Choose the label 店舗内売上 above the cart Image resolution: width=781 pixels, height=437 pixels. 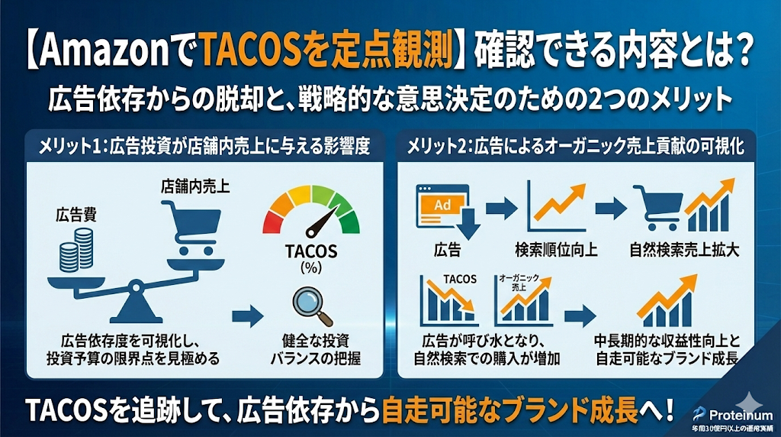186,185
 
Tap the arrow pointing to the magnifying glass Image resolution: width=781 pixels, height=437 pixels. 245,313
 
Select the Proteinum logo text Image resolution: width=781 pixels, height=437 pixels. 734,413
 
